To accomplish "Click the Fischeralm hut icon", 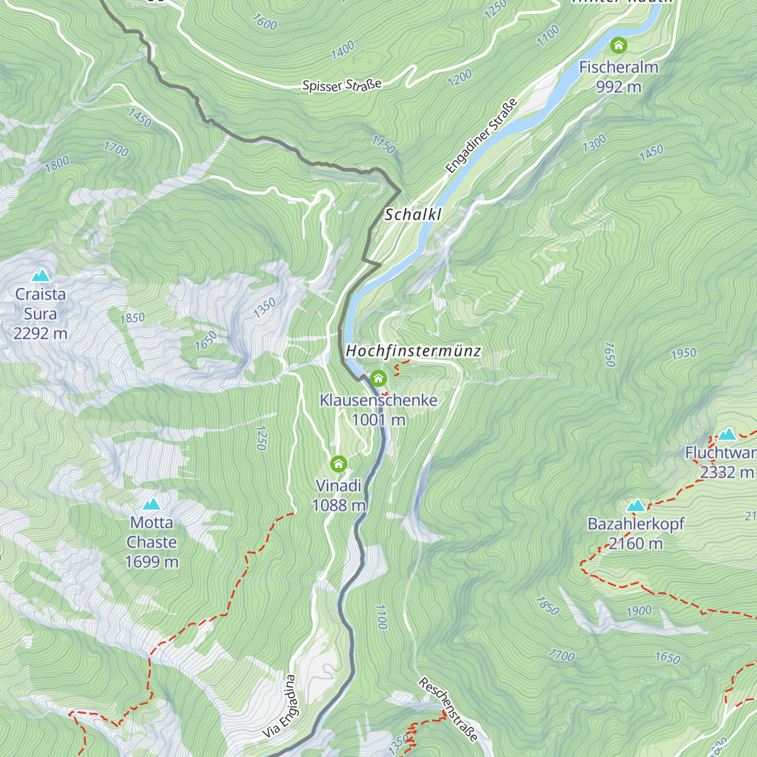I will (618, 45).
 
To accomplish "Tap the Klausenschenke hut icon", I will (378, 378).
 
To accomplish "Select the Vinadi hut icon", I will (339, 464).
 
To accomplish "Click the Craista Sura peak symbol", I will (41, 276).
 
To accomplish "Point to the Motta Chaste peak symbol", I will (151, 504).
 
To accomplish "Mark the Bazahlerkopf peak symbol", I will (635, 505).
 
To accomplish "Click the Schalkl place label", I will (413, 214).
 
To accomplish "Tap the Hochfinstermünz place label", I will (413, 351).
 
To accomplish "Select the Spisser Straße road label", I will (342, 85).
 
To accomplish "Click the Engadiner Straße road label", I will (481, 136).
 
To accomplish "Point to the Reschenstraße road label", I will (448, 710).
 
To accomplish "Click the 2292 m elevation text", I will (40, 333).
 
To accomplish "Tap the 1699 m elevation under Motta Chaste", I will (151, 561).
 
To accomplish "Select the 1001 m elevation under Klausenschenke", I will (378, 420).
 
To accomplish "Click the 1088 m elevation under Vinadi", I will (339, 505).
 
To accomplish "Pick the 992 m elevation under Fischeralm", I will (618, 86).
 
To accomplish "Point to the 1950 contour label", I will (684, 353).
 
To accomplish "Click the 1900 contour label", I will (639, 611).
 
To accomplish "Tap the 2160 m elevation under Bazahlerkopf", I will (635, 543).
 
